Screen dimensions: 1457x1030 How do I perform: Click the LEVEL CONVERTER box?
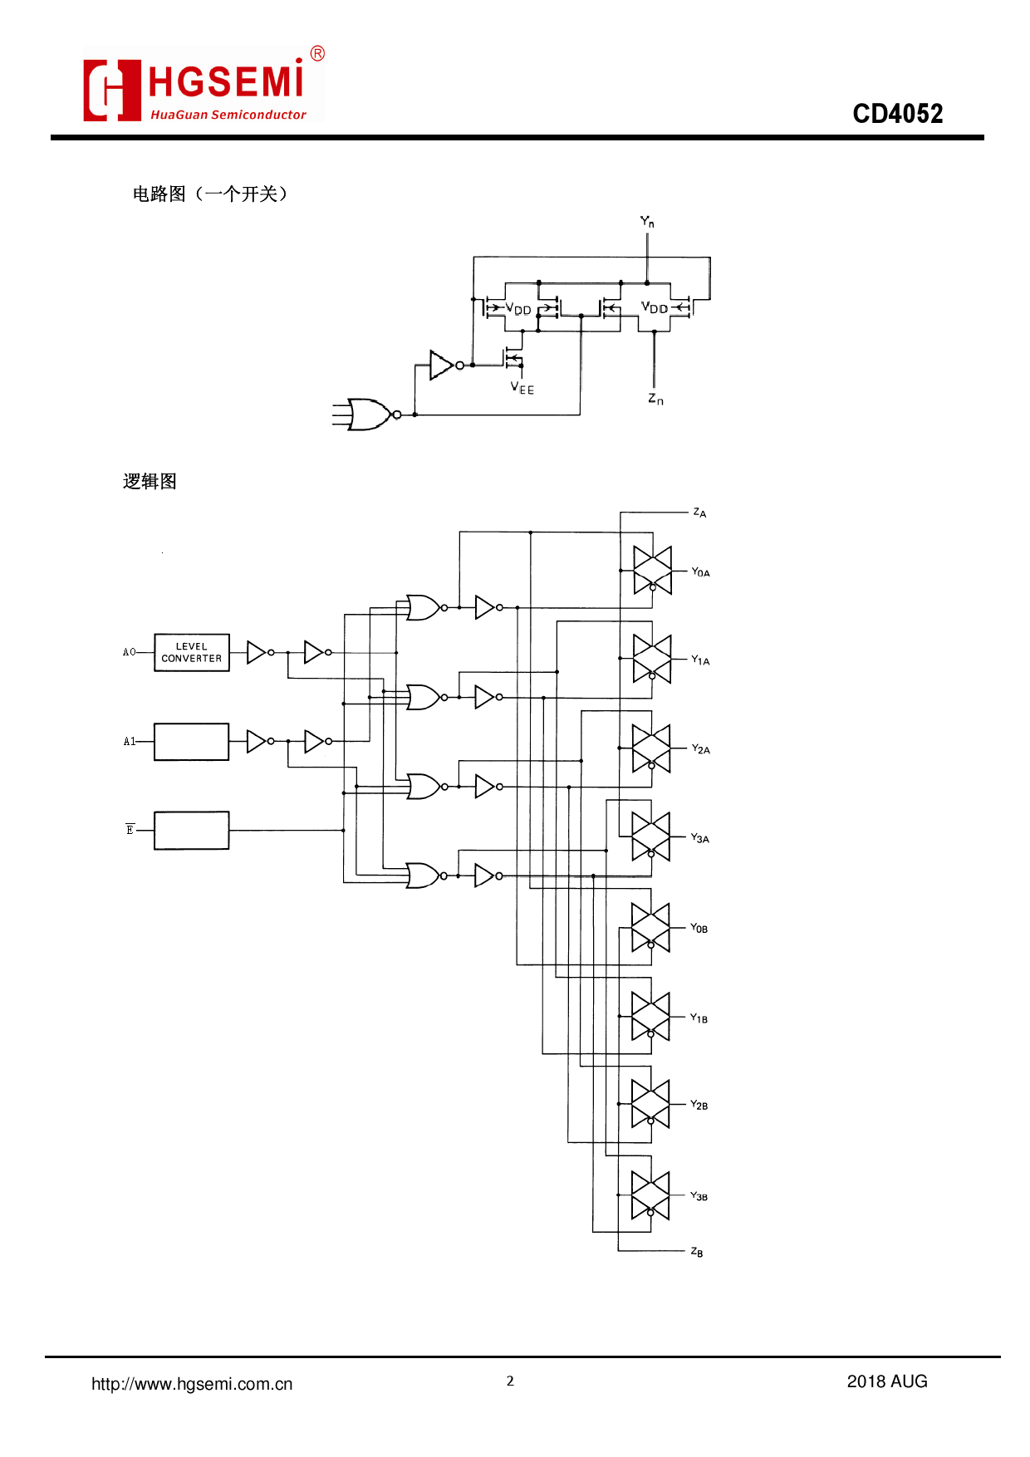(x=192, y=652)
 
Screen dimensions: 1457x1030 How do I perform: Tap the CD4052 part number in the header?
(x=897, y=113)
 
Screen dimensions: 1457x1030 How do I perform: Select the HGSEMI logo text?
(x=226, y=81)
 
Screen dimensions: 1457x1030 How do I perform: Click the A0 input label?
(x=129, y=652)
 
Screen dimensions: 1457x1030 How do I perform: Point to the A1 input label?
(x=129, y=741)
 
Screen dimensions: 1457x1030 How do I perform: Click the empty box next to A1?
(x=192, y=742)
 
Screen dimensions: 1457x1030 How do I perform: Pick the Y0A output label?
(x=700, y=572)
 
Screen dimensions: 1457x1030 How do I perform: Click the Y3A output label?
(x=699, y=838)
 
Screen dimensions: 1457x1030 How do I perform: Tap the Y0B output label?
(x=699, y=928)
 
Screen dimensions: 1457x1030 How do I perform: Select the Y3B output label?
(x=699, y=1196)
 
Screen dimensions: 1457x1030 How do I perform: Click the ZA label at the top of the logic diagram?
(x=699, y=513)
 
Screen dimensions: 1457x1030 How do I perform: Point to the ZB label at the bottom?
(x=697, y=1252)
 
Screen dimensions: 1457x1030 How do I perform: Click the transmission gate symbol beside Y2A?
(x=651, y=748)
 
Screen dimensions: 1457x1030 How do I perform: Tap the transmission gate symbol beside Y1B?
(x=650, y=1017)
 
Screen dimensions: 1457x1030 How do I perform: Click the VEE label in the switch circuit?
(x=522, y=388)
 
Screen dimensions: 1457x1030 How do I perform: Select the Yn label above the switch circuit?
(x=647, y=222)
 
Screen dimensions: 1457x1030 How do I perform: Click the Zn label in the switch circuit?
(x=655, y=400)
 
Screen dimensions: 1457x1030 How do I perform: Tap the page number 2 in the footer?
(x=510, y=1381)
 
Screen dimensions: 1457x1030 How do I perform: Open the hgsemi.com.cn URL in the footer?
(x=192, y=1384)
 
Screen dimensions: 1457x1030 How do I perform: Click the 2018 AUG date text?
(x=886, y=1381)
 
